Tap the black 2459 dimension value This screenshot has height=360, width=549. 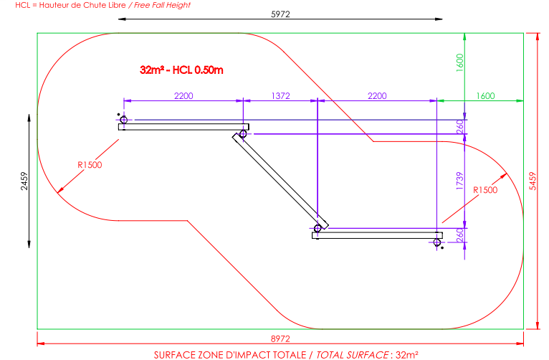[24, 181]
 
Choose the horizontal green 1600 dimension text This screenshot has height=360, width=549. [485, 95]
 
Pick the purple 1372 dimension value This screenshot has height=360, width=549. [280, 95]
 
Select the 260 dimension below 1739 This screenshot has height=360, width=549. [459, 235]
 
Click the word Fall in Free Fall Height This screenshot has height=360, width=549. [153, 4]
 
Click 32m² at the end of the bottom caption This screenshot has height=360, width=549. [406, 354]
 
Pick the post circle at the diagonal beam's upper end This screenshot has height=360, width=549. [243, 134]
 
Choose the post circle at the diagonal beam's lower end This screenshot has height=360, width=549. [318, 228]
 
